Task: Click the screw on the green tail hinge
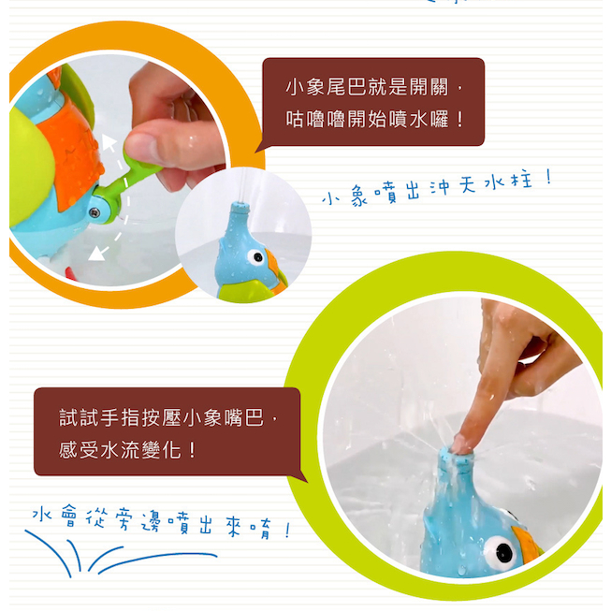(94, 212)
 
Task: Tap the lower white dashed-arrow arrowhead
(95, 254)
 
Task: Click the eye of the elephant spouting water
(256, 256)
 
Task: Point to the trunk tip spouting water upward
(240, 206)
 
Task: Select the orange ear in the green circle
(526, 544)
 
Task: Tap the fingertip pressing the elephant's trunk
(463, 444)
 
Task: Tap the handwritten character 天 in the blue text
(468, 184)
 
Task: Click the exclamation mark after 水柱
(549, 177)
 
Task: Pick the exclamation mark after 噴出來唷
(287, 531)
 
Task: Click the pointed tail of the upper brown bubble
(259, 150)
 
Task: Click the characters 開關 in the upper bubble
(429, 87)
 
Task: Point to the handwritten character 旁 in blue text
(124, 520)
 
